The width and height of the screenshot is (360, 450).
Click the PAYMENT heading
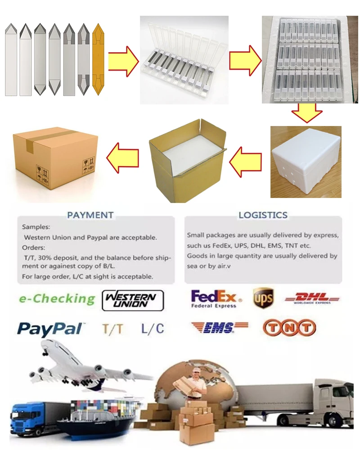click(x=90, y=215)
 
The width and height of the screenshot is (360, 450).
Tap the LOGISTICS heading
click(x=263, y=215)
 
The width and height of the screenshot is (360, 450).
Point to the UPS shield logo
click(x=263, y=298)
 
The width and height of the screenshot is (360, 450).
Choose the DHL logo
click(x=312, y=298)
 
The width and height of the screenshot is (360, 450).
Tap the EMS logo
click(x=220, y=328)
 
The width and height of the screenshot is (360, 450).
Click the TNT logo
click(x=289, y=328)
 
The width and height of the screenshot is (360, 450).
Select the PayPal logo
click(x=50, y=328)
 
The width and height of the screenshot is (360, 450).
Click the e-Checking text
click(x=57, y=299)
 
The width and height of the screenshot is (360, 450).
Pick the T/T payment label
click(x=112, y=329)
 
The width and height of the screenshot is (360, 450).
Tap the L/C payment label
click(x=153, y=328)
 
